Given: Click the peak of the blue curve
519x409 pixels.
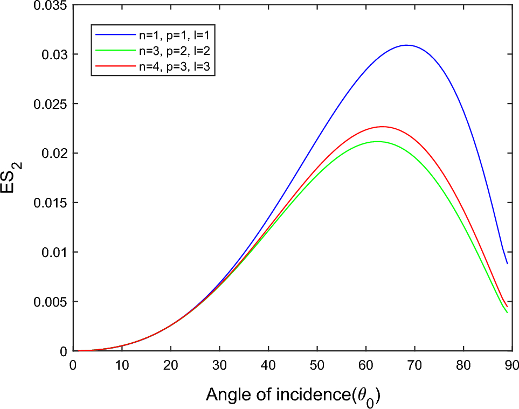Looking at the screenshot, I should (x=407, y=45).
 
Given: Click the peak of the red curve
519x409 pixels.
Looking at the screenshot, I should (x=382, y=127).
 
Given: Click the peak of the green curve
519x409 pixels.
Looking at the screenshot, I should (x=377, y=142).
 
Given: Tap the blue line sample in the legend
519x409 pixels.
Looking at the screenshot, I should (x=114, y=34).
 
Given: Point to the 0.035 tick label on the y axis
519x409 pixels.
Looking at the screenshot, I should (x=51, y=5).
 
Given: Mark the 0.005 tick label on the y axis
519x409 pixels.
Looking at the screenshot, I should (x=51, y=301).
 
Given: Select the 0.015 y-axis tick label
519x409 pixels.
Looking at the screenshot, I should (x=51, y=203).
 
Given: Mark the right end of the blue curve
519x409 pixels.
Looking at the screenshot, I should (x=507, y=264).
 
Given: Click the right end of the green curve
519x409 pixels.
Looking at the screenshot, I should (x=507, y=313).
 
